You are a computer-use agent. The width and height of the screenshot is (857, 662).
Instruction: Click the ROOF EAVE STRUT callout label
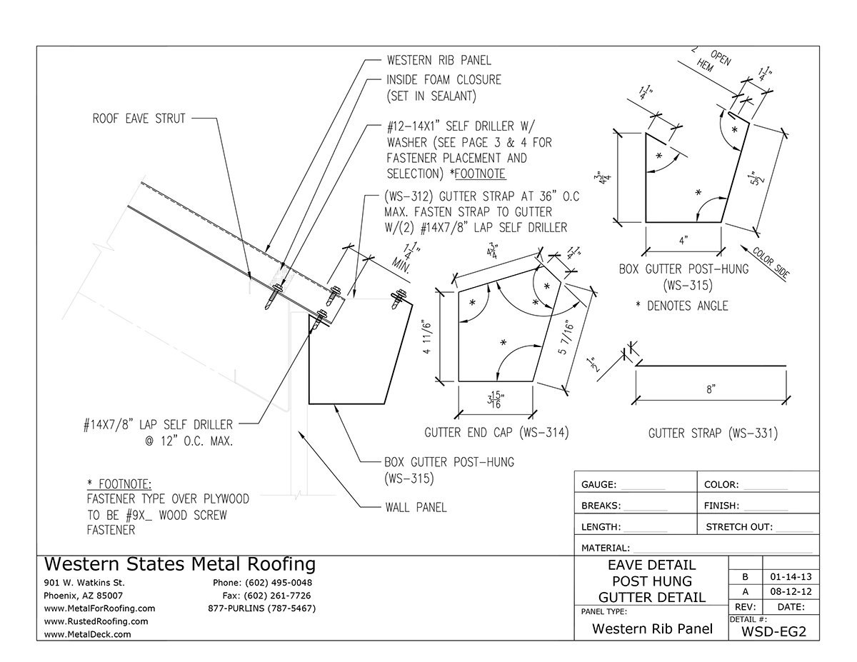pyautogui.click(x=139, y=119)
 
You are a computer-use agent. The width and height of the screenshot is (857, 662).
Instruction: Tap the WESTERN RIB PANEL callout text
pyautogui.click(x=438, y=60)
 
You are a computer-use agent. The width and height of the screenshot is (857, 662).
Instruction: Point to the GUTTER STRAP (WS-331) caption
pyautogui.click(x=713, y=433)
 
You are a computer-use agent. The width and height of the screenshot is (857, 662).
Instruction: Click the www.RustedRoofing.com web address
pyautogui.click(x=96, y=621)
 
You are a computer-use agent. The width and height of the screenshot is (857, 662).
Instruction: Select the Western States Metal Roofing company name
pyautogui.click(x=179, y=564)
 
